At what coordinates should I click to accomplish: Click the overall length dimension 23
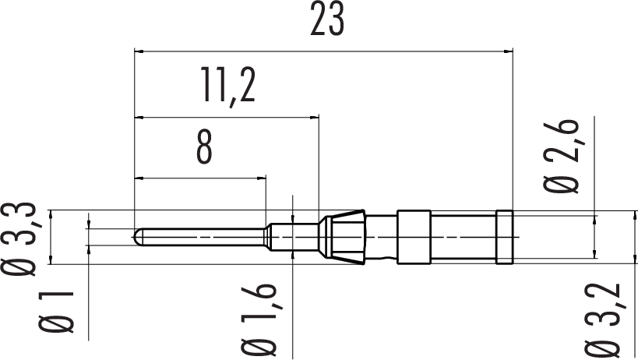(x=327, y=19)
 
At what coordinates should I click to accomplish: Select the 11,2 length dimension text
(x=228, y=86)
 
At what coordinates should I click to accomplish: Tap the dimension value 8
(x=204, y=147)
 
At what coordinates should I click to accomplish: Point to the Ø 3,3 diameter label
(x=19, y=238)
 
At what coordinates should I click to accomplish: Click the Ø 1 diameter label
(x=56, y=312)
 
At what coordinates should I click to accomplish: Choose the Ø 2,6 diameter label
(x=561, y=156)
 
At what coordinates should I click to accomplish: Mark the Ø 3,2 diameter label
(x=603, y=320)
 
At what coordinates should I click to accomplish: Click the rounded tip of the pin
(x=138, y=237)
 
